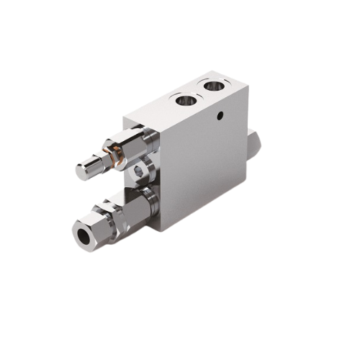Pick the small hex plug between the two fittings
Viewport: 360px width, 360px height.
(x=138, y=170)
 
